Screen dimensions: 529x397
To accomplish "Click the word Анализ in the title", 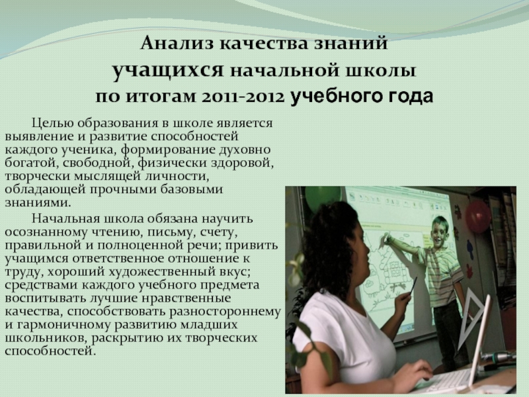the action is click(177, 44).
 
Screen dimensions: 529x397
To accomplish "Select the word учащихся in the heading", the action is click(168, 71).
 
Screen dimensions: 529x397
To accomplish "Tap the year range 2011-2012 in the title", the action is click(242, 97).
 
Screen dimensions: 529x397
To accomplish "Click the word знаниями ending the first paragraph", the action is click(38, 202).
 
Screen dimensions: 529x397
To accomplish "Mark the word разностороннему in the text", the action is click(225, 312).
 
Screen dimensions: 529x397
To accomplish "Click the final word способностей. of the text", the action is click(49, 351).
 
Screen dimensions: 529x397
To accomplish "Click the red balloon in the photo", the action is click(477, 216).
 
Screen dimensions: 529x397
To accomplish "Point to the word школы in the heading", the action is click(387, 71).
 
